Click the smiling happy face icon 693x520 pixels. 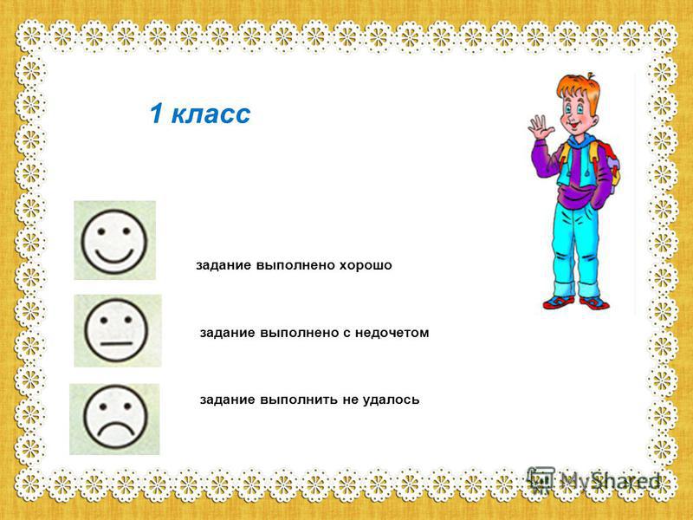coord(114,242)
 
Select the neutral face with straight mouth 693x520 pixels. coord(116,330)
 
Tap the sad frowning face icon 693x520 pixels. coord(115,417)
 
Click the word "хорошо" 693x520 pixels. coord(366,265)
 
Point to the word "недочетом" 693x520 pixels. coord(392,333)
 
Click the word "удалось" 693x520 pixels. coord(392,400)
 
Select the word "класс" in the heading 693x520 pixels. coord(210,114)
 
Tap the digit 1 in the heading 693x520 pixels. coord(157,114)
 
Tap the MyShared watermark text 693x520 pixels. coord(610,481)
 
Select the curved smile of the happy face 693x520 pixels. coord(114,256)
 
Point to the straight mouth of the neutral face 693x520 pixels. coord(116,343)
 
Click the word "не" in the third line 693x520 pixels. coord(351,400)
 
